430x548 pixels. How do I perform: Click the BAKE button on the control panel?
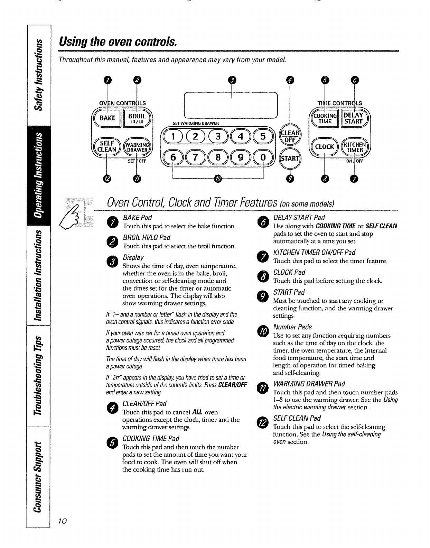(x=107, y=118)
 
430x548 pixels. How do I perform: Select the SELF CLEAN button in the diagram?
(x=107, y=147)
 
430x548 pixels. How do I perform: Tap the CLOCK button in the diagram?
(x=325, y=147)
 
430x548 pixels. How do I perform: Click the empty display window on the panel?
(x=231, y=105)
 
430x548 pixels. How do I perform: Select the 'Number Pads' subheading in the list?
(x=292, y=327)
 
